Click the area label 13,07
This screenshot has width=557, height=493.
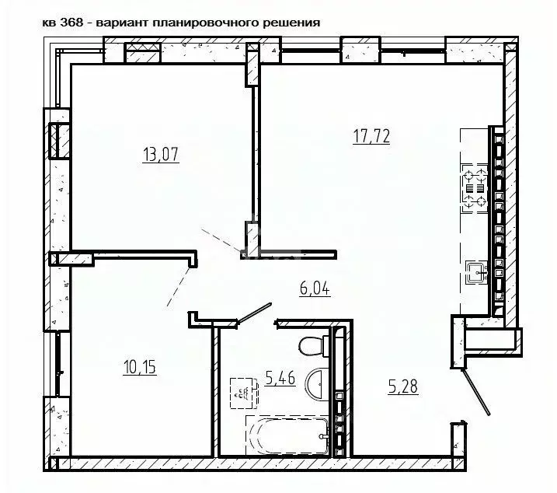click(162, 154)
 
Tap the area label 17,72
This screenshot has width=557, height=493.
click(371, 138)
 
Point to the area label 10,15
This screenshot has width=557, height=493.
click(140, 365)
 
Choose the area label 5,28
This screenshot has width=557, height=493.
click(403, 386)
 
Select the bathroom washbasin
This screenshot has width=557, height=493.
click(319, 385)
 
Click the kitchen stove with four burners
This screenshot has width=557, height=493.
click(476, 188)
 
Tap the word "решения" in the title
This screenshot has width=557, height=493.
click(293, 22)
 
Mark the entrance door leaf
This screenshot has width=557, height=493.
click(475, 392)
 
